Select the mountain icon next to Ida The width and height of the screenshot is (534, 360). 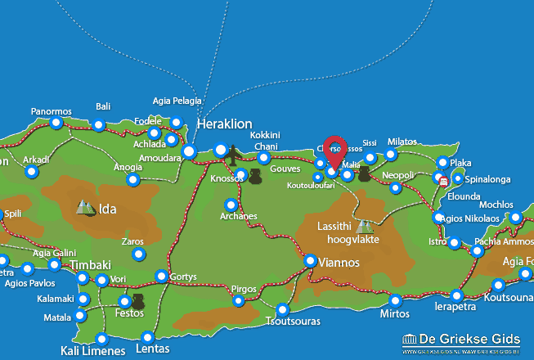point(85,208)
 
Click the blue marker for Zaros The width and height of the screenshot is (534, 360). point(138,255)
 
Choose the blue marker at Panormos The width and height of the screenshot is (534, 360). point(56,124)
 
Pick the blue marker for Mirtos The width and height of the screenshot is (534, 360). point(395,300)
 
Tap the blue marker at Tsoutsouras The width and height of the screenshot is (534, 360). point(283,309)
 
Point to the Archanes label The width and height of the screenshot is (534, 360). point(239,216)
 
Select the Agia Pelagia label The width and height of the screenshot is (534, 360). point(177,101)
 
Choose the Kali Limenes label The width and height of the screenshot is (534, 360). point(93,351)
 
